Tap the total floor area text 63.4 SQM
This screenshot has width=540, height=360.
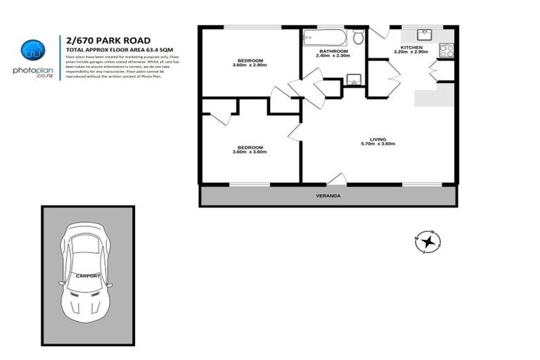click(x=159, y=49)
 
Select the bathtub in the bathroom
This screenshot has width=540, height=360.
click(x=323, y=37)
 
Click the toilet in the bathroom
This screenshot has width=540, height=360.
click(x=359, y=37)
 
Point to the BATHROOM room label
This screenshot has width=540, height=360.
click(x=333, y=51)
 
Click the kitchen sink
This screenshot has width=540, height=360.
click(x=425, y=35)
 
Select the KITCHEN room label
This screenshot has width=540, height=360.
click(x=411, y=47)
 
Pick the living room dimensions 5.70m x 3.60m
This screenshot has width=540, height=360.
click(x=378, y=144)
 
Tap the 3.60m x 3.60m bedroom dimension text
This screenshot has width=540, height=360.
click(x=249, y=152)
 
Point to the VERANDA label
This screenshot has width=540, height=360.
click(x=328, y=196)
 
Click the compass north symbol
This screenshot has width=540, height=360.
click(x=428, y=241)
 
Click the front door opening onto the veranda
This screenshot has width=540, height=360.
click(x=337, y=180)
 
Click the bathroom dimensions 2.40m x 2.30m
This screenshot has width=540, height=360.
click(x=333, y=57)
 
